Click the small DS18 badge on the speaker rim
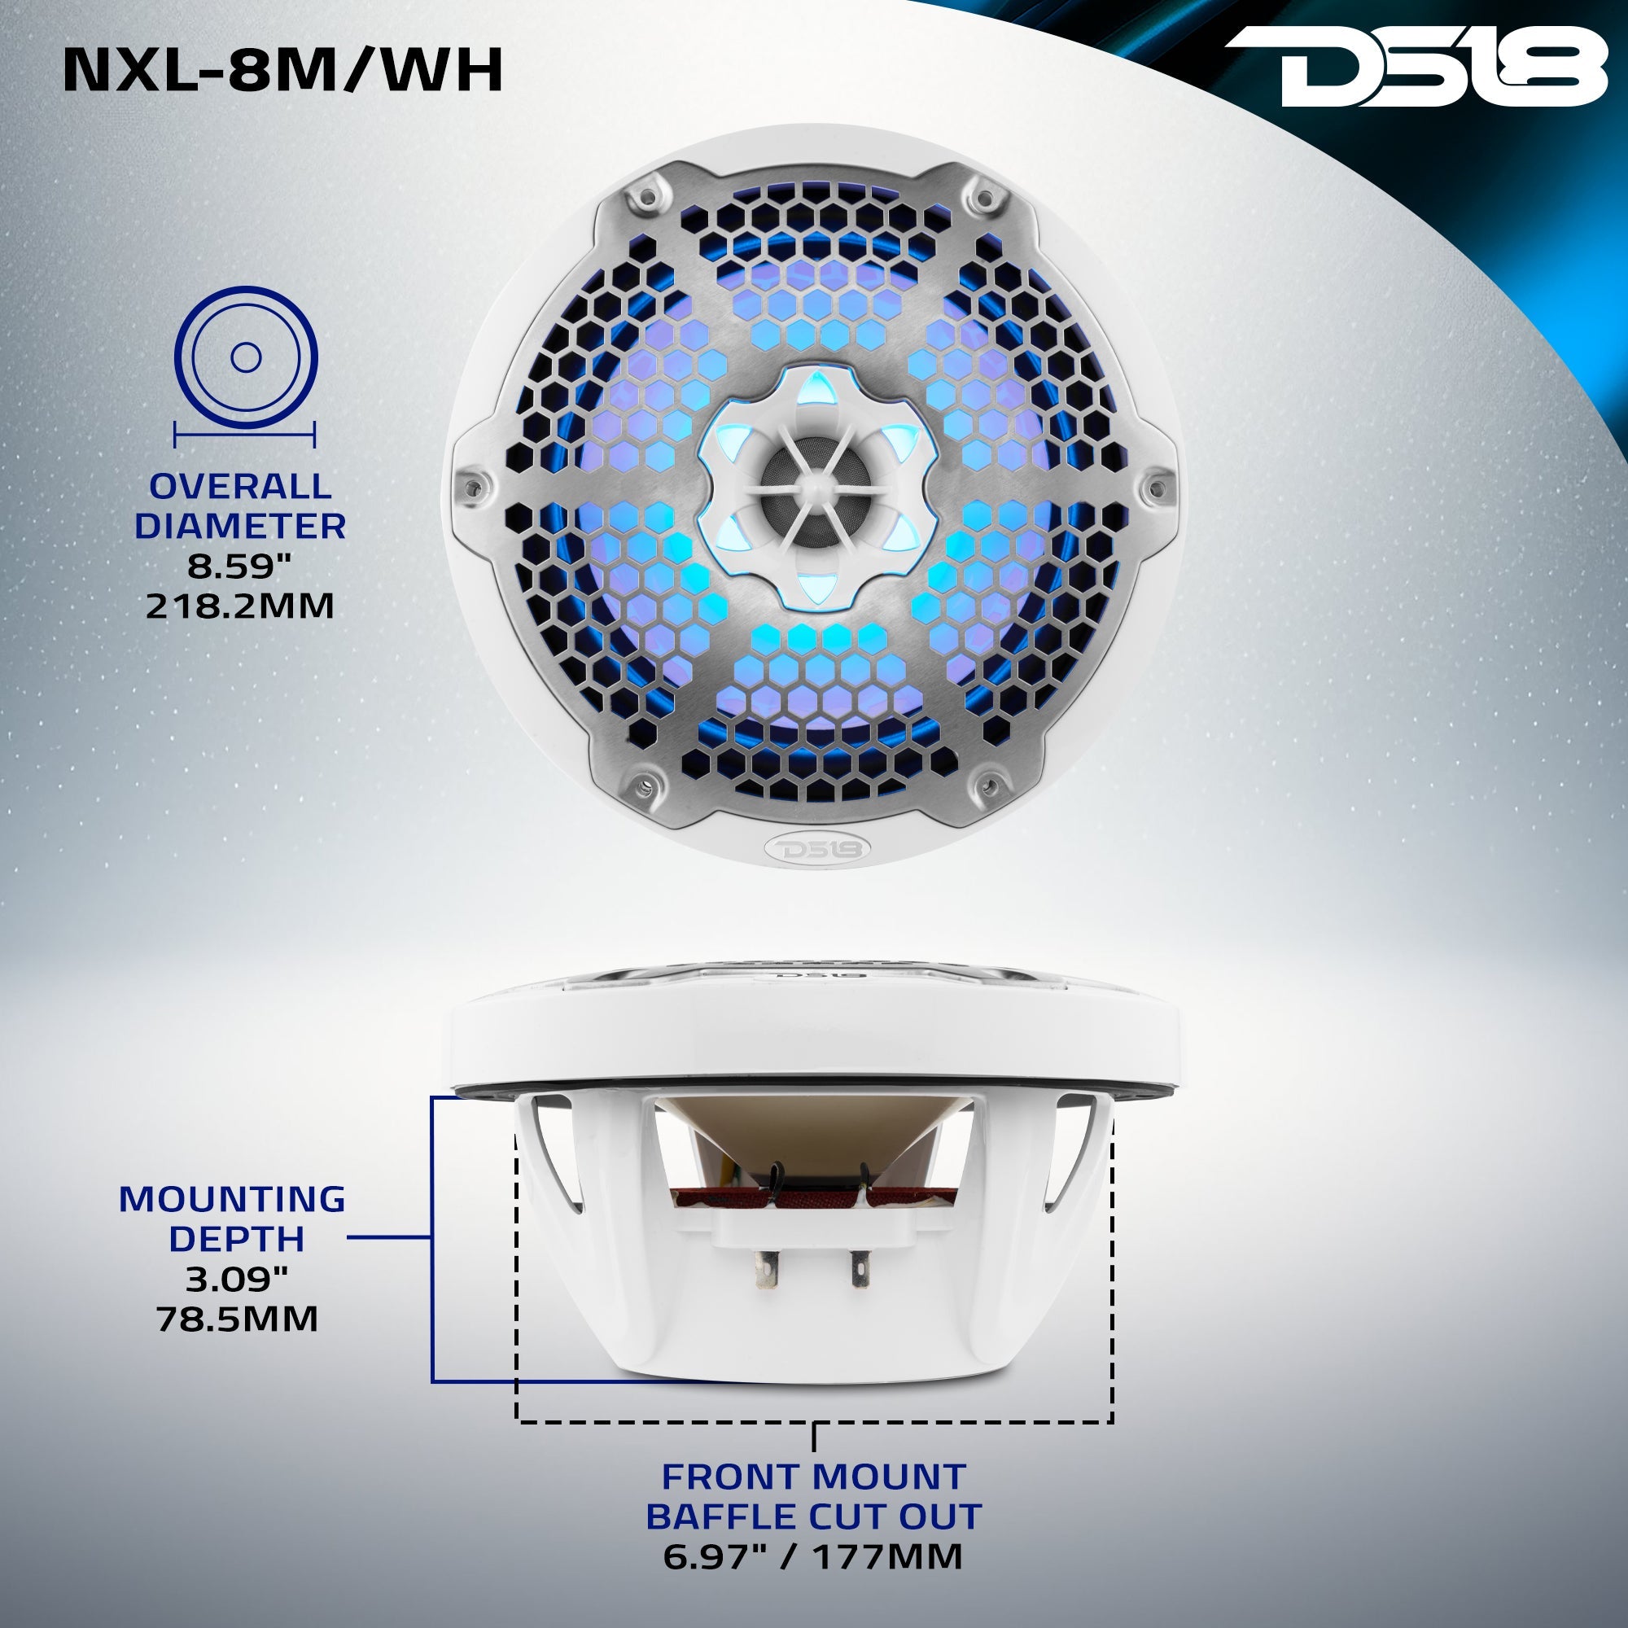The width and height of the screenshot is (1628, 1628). click(x=813, y=847)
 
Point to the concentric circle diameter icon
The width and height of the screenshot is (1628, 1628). click(x=245, y=358)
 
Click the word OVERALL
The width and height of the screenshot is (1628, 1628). click(x=240, y=486)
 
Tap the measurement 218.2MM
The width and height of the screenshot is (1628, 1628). click(x=240, y=605)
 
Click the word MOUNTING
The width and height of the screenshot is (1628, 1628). click(x=232, y=1198)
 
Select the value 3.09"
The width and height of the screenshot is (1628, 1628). click(x=237, y=1279)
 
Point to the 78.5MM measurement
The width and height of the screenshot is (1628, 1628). click(x=237, y=1319)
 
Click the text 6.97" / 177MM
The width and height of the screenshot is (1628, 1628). click(x=812, y=1556)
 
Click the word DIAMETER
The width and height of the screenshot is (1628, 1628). click(x=240, y=526)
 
